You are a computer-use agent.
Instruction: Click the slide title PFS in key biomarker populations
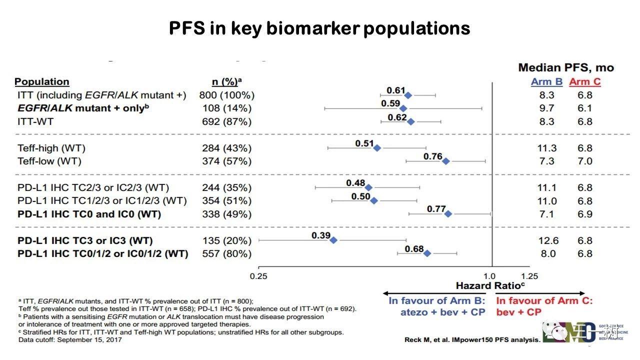319,28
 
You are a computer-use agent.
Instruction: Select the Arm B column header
546,82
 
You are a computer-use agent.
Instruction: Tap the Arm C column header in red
585,82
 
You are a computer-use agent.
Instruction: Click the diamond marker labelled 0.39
333,240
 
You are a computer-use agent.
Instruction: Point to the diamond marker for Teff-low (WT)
446,161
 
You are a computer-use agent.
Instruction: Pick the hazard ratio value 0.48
355,183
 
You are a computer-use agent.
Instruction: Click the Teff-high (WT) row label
51,148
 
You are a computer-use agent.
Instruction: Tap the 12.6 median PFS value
548,240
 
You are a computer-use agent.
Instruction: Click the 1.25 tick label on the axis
529,276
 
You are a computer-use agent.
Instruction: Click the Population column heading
42,82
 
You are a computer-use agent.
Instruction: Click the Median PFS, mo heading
565,67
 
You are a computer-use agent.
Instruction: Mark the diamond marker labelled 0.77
448,213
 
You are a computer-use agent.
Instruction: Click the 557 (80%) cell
227,253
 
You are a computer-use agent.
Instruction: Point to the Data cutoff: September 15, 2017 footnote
69,340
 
